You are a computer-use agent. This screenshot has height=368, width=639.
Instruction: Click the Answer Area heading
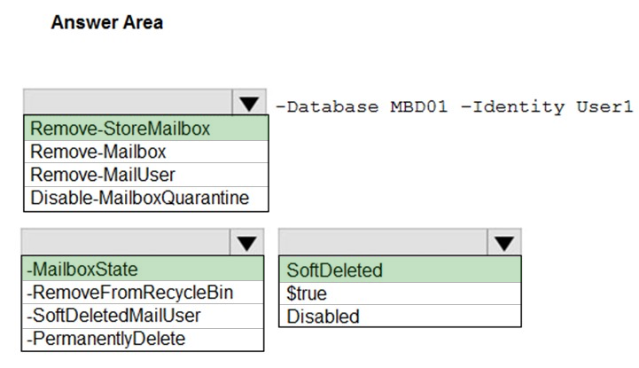point(107,22)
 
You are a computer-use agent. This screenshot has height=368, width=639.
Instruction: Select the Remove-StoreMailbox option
point(121,129)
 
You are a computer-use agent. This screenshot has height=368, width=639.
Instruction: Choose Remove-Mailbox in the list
point(98,152)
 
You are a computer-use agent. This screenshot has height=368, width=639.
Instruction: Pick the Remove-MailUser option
point(103,175)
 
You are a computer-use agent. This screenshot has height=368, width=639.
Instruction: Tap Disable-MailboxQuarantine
point(140,198)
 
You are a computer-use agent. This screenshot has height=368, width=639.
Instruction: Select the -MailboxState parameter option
point(82,270)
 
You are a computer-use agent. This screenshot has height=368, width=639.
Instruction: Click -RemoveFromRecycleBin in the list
point(130,293)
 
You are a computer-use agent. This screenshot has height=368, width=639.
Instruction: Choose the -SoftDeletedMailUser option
point(113,316)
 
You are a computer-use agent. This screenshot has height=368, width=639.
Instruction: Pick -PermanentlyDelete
point(106,339)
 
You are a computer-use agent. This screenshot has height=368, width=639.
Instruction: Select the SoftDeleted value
point(335,270)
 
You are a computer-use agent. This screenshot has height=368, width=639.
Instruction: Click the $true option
point(307,294)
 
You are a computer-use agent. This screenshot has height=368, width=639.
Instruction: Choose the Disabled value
point(323,317)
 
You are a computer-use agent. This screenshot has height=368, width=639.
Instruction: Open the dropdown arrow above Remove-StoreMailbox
point(249,103)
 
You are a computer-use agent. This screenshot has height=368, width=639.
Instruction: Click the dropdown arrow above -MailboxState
point(247,243)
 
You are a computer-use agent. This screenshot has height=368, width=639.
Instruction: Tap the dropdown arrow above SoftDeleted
point(504,243)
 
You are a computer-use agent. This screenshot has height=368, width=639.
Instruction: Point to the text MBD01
point(419,106)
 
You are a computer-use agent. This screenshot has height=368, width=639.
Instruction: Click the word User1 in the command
point(604,106)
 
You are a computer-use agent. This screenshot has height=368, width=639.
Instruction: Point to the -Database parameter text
point(327,106)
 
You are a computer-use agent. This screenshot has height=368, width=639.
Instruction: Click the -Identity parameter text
point(512,106)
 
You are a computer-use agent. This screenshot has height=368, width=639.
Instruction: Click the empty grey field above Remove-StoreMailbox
point(128,102)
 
